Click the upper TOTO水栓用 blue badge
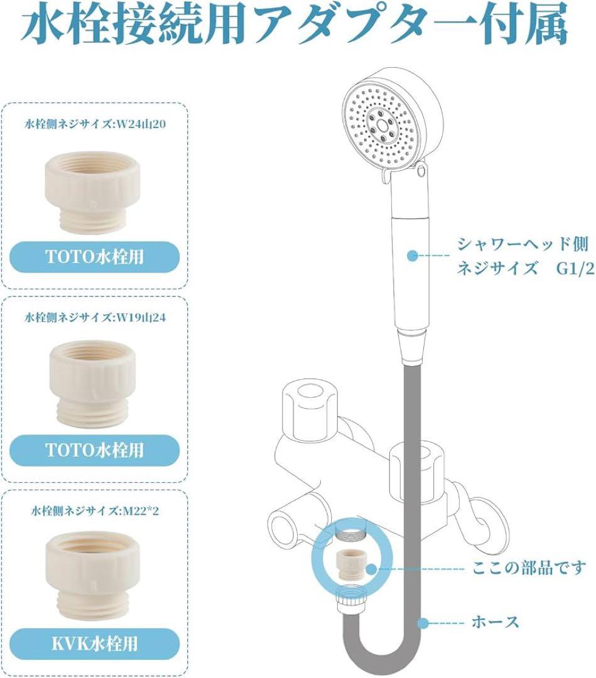click(x=94, y=256)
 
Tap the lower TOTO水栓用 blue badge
click(x=94, y=449)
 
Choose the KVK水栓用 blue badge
click(x=94, y=643)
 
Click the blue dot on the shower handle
click(x=412, y=256)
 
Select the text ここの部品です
click(x=528, y=569)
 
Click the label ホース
click(x=495, y=623)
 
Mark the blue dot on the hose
click(x=425, y=623)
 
